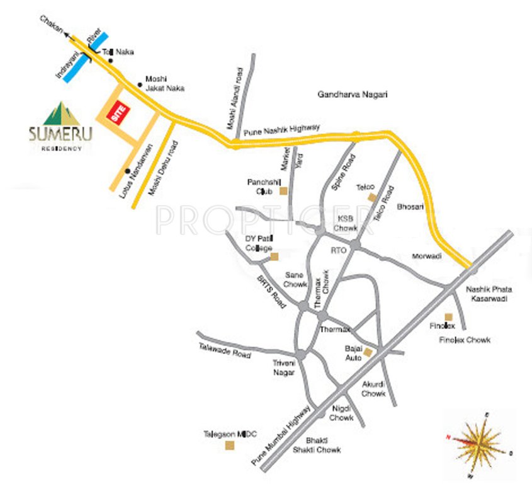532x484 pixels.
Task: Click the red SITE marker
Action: tap(118, 113)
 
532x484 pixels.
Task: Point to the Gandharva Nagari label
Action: tap(353, 95)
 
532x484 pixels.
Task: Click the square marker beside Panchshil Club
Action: tap(284, 191)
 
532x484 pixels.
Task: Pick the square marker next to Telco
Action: tap(371, 197)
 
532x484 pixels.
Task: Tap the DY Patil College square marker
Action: tap(274, 256)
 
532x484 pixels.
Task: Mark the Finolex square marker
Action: tap(448, 316)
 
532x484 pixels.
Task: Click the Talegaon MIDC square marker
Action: tap(229, 447)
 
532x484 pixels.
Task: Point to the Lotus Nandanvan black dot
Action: tap(128, 171)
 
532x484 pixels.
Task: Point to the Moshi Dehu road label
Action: tap(158, 169)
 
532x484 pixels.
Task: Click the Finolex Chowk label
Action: tap(465, 340)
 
